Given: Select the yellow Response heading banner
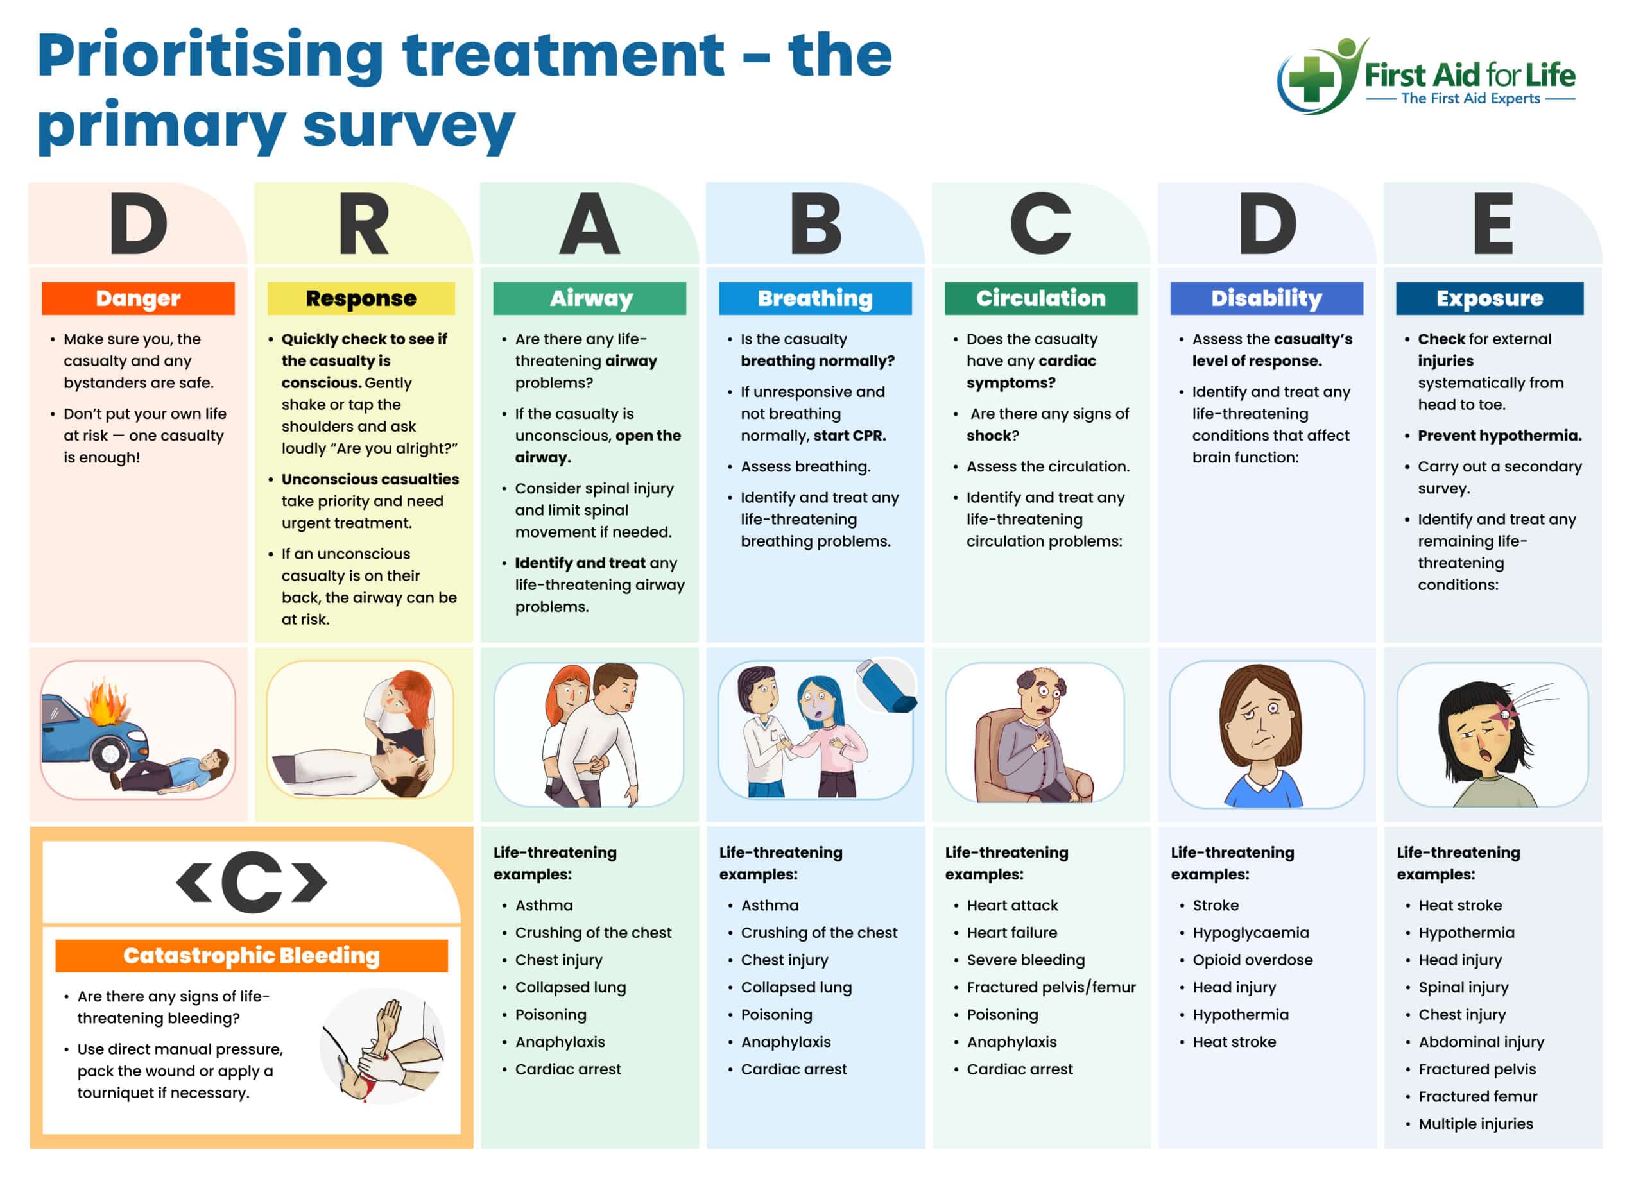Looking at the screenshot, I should pos(361,298).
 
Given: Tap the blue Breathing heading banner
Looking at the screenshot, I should pos(815,298).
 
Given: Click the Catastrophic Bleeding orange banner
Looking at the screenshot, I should pos(251,956).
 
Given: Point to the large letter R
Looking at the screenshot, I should pos(363,225).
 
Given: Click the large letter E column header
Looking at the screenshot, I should pos(1492,225).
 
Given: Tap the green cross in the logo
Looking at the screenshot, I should pos(1311,78).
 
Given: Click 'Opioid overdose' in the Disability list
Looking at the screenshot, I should pos(1253,960).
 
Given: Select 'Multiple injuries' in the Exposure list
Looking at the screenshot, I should pos(1475,1124).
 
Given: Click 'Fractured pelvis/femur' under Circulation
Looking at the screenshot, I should pos(1051,988).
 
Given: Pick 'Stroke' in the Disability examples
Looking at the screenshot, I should pos(1216,905).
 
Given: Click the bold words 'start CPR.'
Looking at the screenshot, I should pos(849,436).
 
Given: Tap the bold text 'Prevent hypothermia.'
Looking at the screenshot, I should pos(1500,436).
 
